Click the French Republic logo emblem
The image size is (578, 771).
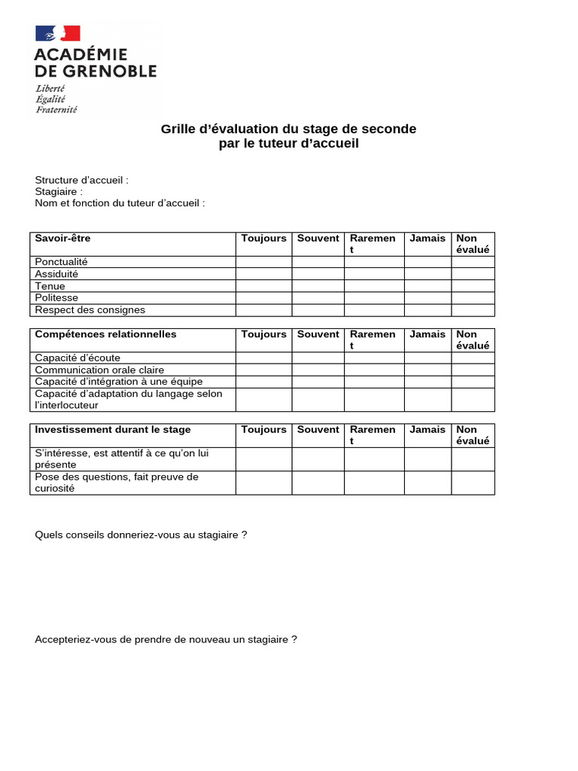(58, 33)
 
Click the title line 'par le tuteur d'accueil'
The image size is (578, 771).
(288, 144)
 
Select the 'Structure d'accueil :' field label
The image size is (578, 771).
(81, 181)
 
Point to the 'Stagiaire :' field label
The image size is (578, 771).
(59, 192)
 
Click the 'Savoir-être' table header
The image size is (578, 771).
(62, 239)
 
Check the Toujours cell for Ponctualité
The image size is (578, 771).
(263, 262)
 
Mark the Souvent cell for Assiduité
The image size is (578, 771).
(318, 274)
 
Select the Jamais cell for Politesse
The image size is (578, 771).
(427, 298)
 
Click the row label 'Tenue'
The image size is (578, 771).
(50, 286)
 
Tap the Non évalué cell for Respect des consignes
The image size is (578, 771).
(473, 310)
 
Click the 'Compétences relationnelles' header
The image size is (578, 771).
(105, 334)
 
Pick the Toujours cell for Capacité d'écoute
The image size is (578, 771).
(263, 358)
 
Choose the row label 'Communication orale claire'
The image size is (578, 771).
(99, 370)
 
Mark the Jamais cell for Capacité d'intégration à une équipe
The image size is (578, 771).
(427, 382)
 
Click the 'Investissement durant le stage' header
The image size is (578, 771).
(113, 430)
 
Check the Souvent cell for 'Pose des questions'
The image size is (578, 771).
(318, 483)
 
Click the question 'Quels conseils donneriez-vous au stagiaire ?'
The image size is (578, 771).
(141, 535)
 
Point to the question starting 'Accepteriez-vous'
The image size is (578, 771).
(166, 640)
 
